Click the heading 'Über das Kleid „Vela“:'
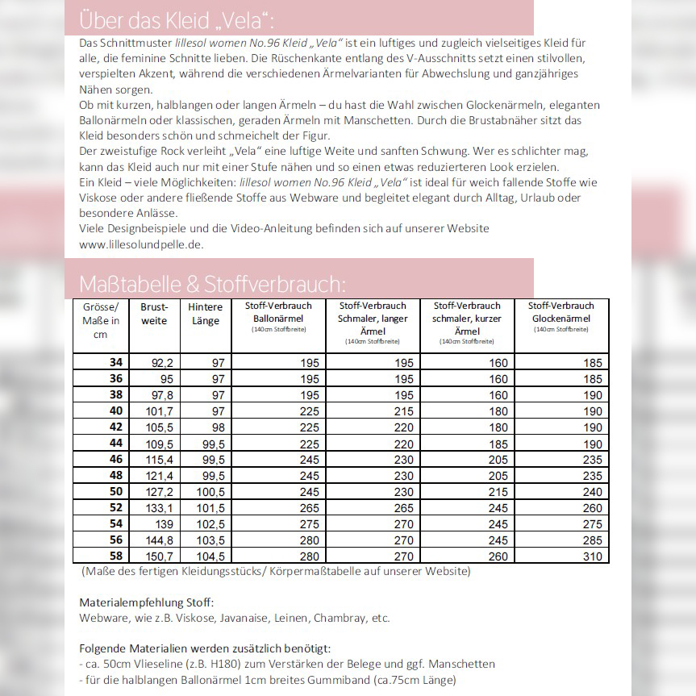(182, 20)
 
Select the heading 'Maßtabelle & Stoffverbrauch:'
(213, 284)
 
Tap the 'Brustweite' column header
(154, 314)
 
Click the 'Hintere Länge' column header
(205, 314)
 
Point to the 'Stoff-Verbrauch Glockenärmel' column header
(561, 312)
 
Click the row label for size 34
(115, 363)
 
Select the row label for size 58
(115, 556)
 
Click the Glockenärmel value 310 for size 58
(592, 556)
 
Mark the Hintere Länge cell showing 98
(218, 427)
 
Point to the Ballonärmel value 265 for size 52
(310, 508)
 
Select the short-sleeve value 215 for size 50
(498, 492)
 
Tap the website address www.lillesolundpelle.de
(141, 244)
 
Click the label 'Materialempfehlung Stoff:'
(147, 602)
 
